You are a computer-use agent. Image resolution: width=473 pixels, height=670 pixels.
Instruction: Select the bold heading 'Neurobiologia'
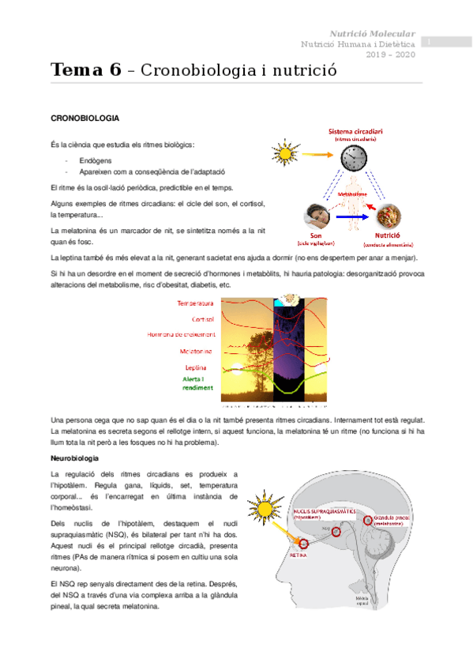coord(74,458)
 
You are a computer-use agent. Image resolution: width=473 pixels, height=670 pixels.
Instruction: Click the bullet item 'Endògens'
coord(94,160)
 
